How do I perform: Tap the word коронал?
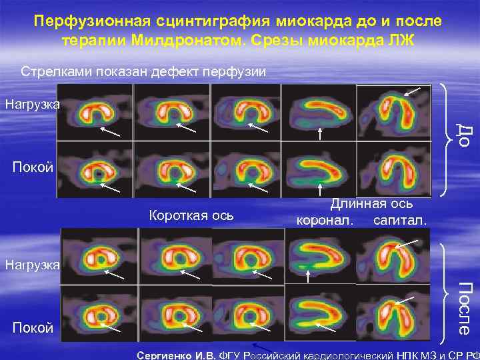[x=325, y=219]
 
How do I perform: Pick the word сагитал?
[x=399, y=219]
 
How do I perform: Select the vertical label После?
[x=467, y=307]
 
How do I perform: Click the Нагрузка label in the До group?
[x=31, y=104]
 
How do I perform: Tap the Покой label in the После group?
[x=33, y=327]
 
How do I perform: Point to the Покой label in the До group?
[x=33, y=167]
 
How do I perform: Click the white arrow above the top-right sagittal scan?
[x=413, y=90]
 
